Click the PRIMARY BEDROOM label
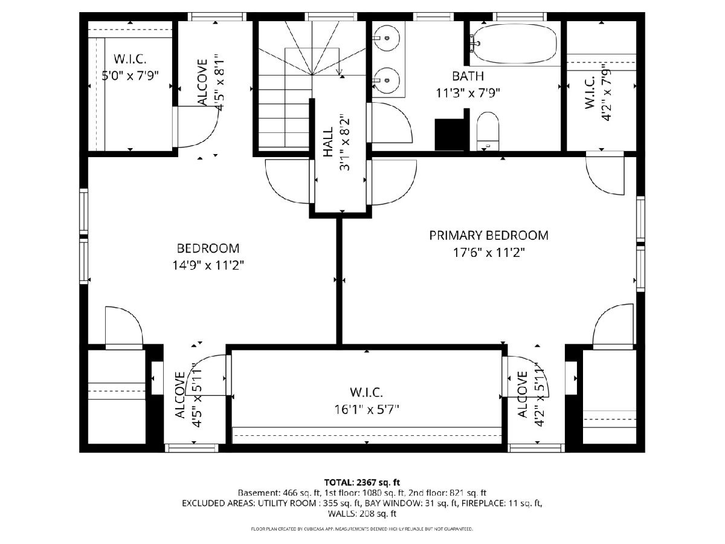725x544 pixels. (489, 236)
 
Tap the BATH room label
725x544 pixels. (468, 76)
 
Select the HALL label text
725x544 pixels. (328, 142)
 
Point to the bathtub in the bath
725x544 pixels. (514, 44)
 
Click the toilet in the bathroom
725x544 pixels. (488, 131)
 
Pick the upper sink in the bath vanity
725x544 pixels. (387, 38)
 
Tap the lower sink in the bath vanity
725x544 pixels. (387, 80)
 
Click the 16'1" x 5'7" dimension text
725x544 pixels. (367, 410)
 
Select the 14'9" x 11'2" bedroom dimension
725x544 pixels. (208, 265)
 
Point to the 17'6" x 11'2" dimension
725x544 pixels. (489, 253)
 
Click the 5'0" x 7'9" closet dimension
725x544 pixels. (130, 76)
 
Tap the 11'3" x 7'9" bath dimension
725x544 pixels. (468, 93)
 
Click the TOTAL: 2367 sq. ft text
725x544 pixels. (362, 482)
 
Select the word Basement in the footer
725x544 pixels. (259, 493)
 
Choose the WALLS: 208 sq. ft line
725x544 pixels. (362, 514)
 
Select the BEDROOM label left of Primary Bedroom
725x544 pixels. (208, 248)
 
